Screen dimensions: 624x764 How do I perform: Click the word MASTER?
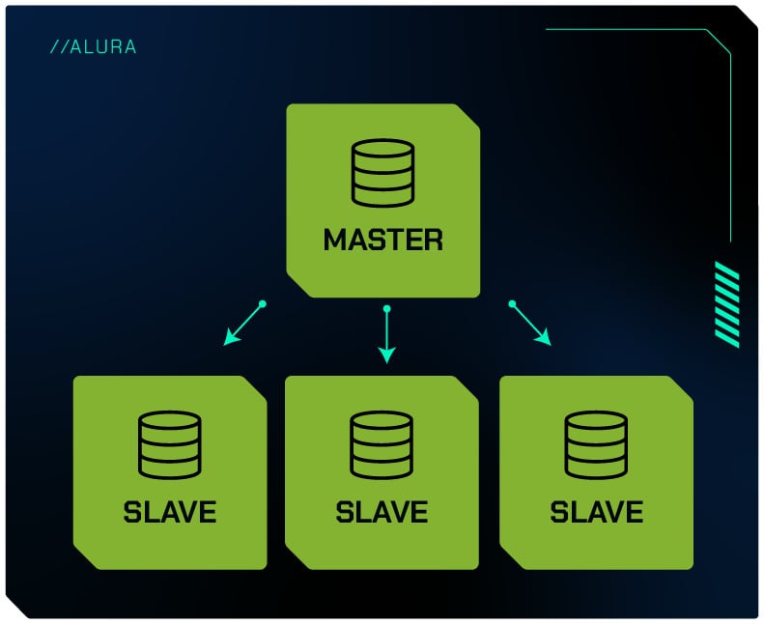pyautogui.click(x=383, y=239)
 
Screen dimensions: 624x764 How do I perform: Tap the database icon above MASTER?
pyautogui.click(x=382, y=173)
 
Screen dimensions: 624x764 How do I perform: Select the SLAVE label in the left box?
pyautogui.click(x=170, y=511)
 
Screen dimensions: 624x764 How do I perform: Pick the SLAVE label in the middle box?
pyautogui.click(x=382, y=511)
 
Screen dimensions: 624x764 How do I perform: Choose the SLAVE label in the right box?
pyautogui.click(x=597, y=511)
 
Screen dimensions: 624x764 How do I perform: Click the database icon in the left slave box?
pyautogui.click(x=170, y=444)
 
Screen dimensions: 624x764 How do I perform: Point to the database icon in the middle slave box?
pyautogui.click(x=382, y=444)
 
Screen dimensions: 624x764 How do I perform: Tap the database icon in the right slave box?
pyautogui.click(x=597, y=444)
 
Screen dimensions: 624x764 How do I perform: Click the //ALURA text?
pyautogui.click(x=93, y=46)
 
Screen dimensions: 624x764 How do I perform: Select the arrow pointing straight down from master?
pyautogui.click(x=386, y=334)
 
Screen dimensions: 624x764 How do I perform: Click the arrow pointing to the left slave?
pyautogui.click(x=243, y=324)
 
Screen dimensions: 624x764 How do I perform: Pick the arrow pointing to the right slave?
pyautogui.click(x=530, y=324)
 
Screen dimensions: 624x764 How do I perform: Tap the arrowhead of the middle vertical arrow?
pyautogui.click(x=386, y=355)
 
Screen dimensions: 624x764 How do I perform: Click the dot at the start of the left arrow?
pyautogui.click(x=262, y=304)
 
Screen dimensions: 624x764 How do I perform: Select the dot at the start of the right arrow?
pyautogui.click(x=512, y=304)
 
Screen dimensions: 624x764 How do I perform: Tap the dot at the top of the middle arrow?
pyautogui.click(x=386, y=309)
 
